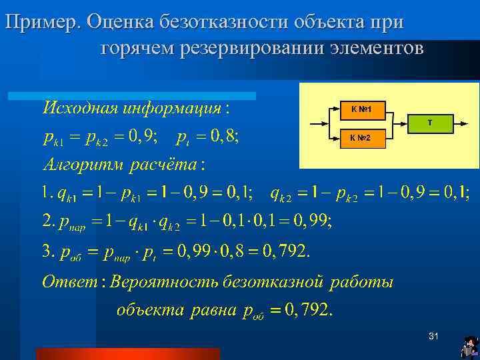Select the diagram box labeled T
click(430, 123)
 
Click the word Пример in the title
click(43, 23)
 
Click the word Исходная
click(79, 107)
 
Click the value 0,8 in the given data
click(225, 137)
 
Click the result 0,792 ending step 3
click(285, 251)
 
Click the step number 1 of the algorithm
click(45, 193)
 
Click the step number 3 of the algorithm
click(46, 251)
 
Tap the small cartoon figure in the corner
click(469, 347)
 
